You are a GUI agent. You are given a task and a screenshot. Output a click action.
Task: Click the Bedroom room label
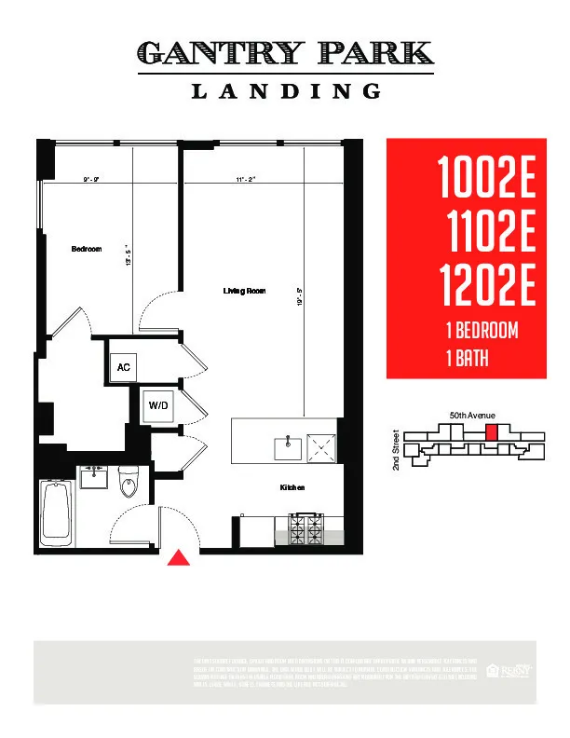87,250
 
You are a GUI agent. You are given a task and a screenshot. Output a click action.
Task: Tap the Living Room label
244,292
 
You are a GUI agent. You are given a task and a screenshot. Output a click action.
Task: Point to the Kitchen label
292,487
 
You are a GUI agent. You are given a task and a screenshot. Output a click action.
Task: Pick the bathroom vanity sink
92,478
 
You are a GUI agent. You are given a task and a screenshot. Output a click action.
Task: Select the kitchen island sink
288,448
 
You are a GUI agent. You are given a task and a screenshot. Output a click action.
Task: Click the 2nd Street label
396,449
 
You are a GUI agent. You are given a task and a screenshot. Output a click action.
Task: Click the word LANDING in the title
286,91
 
